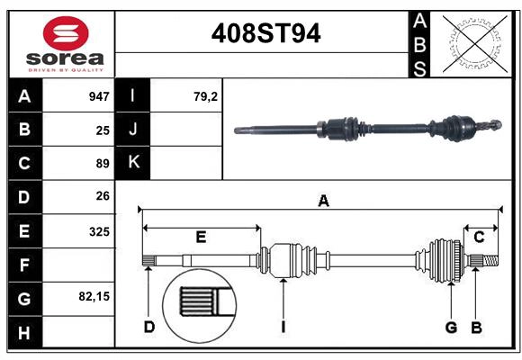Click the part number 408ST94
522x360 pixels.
(x=265, y=34)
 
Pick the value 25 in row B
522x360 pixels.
(x=103, y=130)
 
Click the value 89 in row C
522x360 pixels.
(x=103, y=164)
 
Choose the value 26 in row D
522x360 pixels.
(x=103, y=196)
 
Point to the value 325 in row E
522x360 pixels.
(x=99, y=231)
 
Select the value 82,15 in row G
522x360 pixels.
(x=94, y=296)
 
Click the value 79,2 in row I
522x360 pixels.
(x=206, y=96)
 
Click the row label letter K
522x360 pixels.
(x=133, y=163)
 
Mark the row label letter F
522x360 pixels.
(x=23, y=265)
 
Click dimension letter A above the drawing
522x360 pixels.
(x=323, y=202)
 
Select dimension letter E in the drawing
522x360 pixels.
(x=201, y=238)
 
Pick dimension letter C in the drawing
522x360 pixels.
(x=479, y=238)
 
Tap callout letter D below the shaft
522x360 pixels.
(x=148, y=327)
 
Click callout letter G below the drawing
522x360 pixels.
(x=452, y=327)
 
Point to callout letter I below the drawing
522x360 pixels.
(x=283, y=327)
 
